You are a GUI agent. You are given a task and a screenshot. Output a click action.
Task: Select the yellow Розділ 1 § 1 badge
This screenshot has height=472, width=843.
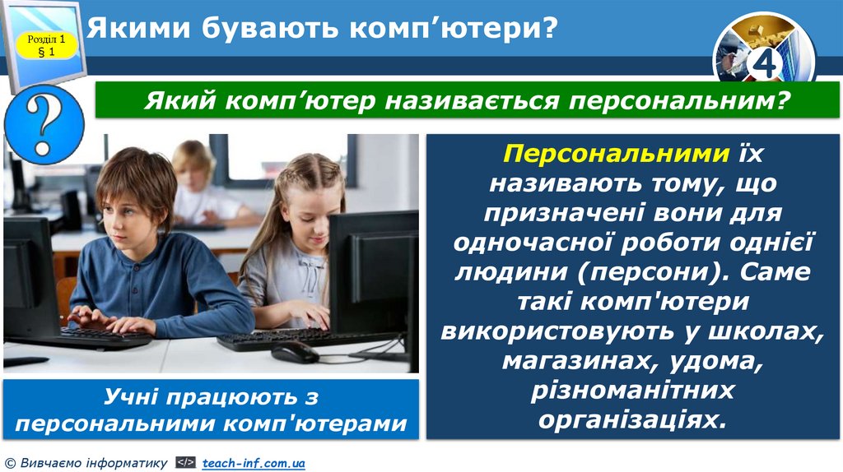[x=46, y=45]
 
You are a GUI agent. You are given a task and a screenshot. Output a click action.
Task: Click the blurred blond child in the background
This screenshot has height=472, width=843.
[x=195, y=177]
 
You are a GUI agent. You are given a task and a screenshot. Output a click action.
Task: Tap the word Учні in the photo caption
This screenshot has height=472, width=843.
[x=132, y=397]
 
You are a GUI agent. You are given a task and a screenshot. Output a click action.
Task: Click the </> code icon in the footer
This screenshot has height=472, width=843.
[x=185, y=464]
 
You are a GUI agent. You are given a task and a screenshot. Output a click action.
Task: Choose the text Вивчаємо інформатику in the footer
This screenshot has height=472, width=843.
[x=91, y=464]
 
